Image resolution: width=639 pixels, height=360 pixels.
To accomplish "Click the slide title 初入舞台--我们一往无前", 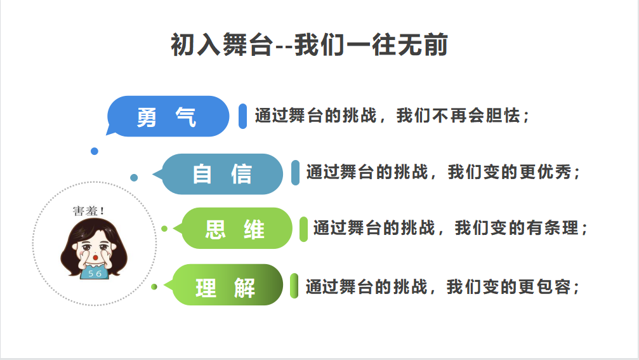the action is pyautogui.click(x=309, y=44).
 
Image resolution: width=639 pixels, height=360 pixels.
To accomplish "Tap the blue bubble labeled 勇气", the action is pyautogui.click(x=168, y=116).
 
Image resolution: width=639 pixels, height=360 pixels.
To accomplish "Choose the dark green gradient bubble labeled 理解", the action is pyautogui.click(x=223, y=285).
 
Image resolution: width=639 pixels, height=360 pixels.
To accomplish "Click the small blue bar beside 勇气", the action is pyautogui.click(x=242, y=116).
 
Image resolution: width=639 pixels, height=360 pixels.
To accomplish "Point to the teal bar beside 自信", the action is pyautogui.click(x=296, y=173).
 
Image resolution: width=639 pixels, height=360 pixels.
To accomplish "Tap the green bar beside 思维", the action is pyautogui.click(x=303, y=229).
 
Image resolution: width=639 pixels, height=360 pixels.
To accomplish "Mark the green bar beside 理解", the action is pyautogui.click(x=294, y=286).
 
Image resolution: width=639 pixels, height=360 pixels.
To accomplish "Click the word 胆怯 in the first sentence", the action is pyautogui.click(x=503, y=116).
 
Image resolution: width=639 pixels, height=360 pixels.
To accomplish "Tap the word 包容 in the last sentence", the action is pyautogui.click(x=553, y=287).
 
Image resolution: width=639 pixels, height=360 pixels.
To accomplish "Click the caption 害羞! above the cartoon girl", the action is pyautogui.click(x=88, y=211).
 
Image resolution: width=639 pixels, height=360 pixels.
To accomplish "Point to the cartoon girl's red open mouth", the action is pyautogui.click(x=95, y=258).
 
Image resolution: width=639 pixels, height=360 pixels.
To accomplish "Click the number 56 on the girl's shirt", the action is pyautogui.click(x=95, y=274).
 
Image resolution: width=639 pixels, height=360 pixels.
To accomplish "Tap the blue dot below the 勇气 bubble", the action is pyautogui.click(x=95, y=151).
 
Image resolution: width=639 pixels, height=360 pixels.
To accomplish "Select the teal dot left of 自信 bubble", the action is pyautogui.click(x=134, y=178).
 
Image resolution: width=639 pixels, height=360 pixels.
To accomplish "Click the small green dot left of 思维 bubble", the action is pyautogui.click(x=164, y=229).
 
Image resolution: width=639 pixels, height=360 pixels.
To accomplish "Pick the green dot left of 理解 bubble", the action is pyautogui.click(x=154, y=286).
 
